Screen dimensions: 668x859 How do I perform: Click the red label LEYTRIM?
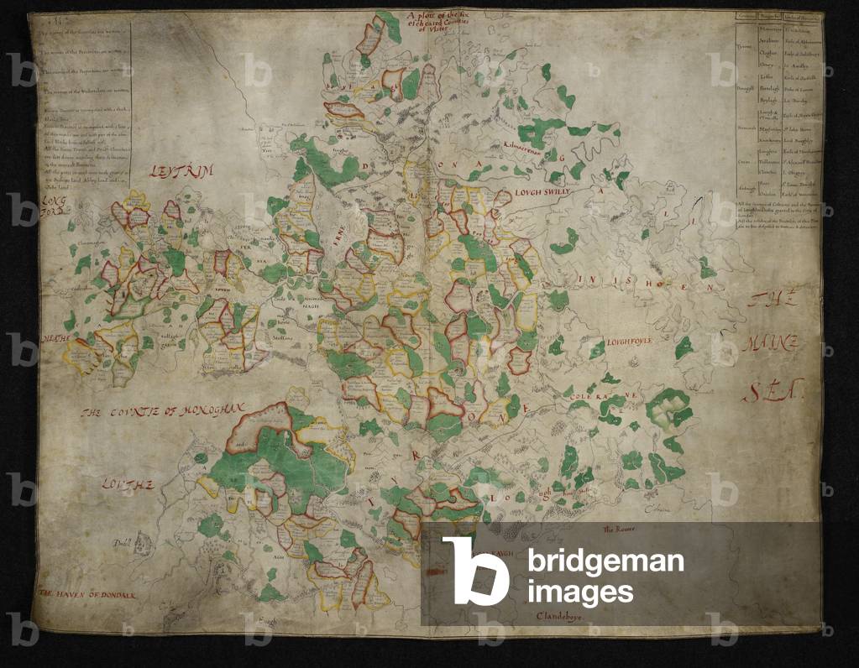[182, 171]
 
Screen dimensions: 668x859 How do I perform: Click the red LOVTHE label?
[128, 483]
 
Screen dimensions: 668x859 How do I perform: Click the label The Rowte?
[617, 529]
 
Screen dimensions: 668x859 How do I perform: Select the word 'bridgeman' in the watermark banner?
[605, 561]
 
